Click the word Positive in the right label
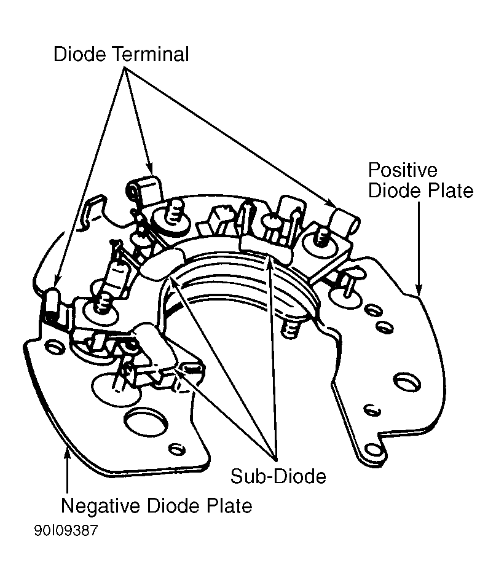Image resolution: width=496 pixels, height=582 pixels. pyautogui.click(x=403, y=170)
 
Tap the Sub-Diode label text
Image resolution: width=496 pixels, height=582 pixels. pyautogui.click(x=278, y=476)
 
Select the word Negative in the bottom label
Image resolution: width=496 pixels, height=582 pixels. pyautogui.click(x=100, y=506)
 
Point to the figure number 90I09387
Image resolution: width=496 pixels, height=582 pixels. pyautogui.click(x=66, y=530)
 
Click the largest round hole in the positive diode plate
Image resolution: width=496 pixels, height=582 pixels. pyautogui.click(x=407, y=382)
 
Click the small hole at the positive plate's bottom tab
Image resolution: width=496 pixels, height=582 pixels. pyautogui.click(x=372, y=450)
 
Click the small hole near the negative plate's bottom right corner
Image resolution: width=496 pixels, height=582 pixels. pyautogui.click(x=176, y=449)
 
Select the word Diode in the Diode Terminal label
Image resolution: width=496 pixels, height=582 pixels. pyautogui.click(x=79, y=54)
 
